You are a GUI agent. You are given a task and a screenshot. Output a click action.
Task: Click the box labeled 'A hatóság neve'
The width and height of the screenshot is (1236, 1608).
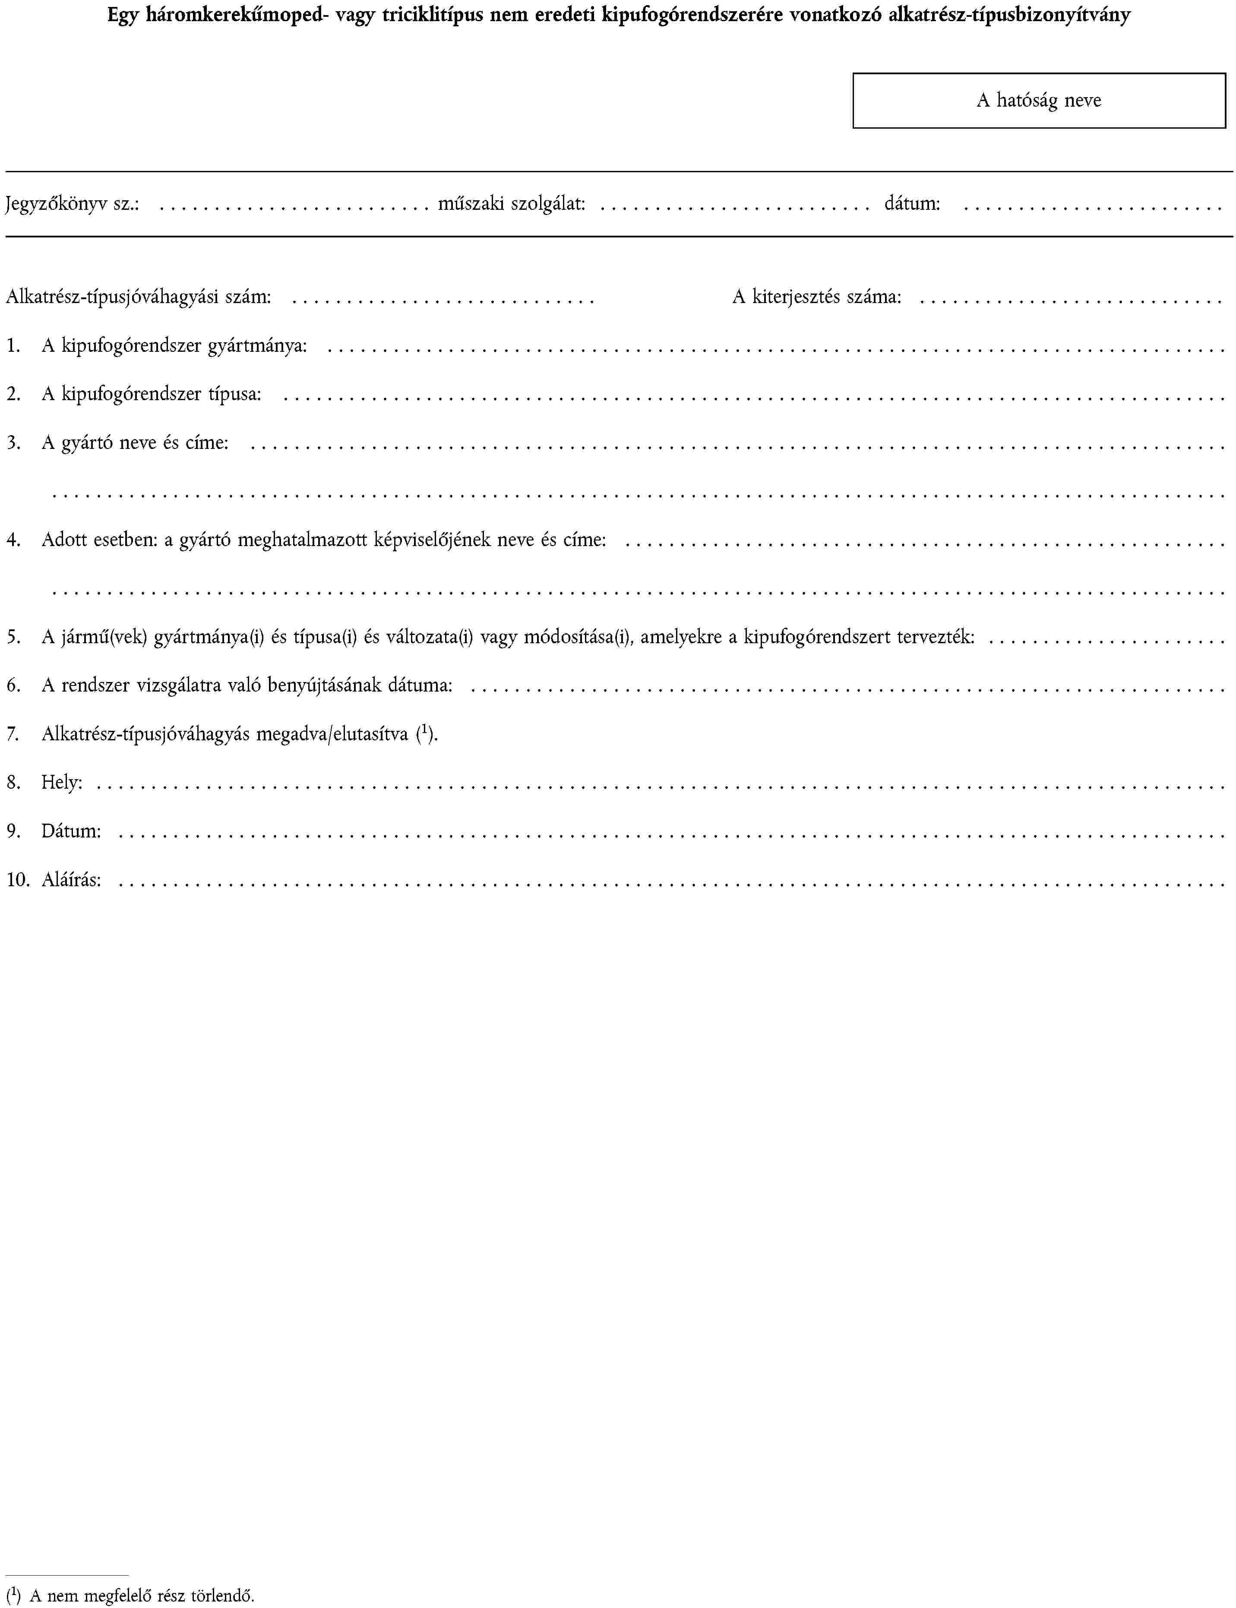click(x=1038, y=101)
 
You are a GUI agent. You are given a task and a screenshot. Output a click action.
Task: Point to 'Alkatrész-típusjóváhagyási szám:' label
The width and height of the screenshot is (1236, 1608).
click(x=138, y=297)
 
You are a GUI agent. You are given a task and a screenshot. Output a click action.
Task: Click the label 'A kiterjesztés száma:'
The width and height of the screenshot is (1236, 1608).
click(x=817, y=297)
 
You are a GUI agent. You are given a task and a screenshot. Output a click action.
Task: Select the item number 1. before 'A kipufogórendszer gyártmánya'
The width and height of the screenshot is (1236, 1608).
click(x=13, y=346)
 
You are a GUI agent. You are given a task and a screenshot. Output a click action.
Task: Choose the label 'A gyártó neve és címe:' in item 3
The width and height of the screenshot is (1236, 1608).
click(x=135, y=443)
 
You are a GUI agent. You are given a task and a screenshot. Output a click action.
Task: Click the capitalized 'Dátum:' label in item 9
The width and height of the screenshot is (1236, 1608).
click(x=71, y=831)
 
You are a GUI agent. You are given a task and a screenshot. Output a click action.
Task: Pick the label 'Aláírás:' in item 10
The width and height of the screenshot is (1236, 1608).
click(x=71, y=880)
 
